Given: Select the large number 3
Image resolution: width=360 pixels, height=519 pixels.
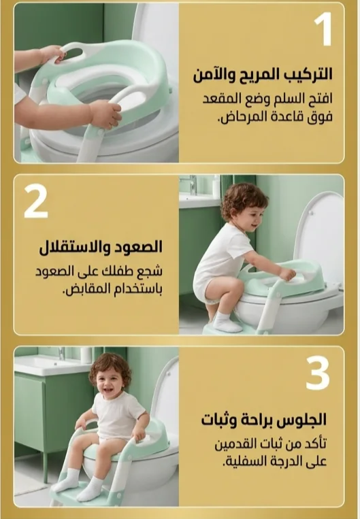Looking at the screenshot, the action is [x=318, y=373].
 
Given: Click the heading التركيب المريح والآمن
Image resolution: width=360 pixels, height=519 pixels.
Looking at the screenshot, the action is [x=263, y=74].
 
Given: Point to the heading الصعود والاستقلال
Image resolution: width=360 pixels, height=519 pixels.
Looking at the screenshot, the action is [x=101, y=247].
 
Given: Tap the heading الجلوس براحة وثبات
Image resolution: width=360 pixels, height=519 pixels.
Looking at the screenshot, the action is [x=264, y=420].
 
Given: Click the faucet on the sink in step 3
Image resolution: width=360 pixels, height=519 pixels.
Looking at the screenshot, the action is [x=62, y=353].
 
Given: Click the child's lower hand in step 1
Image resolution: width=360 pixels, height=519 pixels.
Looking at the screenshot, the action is [x=105, y=114].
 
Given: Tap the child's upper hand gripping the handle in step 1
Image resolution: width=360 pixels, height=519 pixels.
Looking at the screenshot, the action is [x=54, y=54].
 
